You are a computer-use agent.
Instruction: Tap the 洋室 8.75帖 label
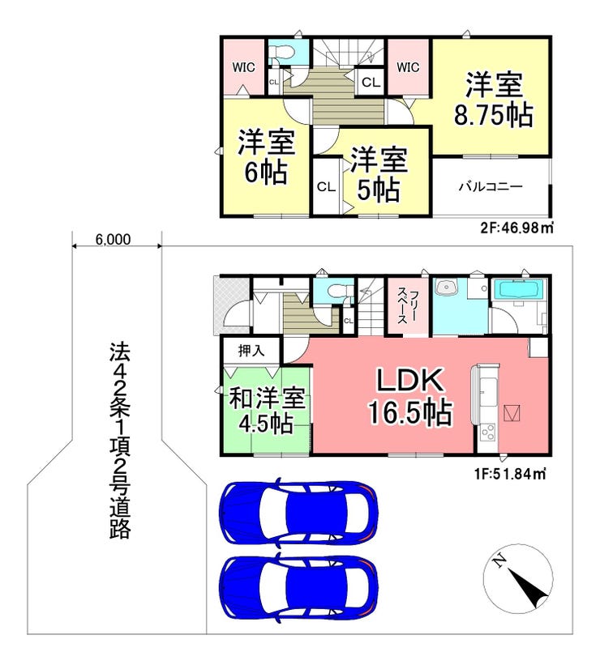pyautogui.click(x=494, y=100)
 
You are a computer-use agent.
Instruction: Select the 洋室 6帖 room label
pyautogui.click(x=266, y=157)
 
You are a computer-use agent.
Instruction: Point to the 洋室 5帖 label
pyautogui.click(x=379, y=174)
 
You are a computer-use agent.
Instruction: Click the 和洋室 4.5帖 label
pyautogui.click(x=267, y=410)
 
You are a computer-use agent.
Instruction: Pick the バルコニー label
pyautogui.click(x=491, y=186)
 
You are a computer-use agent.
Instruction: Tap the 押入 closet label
pyautogui.click(x=251, y=350)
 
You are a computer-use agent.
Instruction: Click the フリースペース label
pyautogui.click(x=407, y=305)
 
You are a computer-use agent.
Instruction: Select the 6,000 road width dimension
pyautogui.click(x=113, y=240)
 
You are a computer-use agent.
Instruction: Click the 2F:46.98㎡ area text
pyautogui.click(x=516, y=228)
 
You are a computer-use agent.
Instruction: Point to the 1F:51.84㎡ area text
pyautogui.click(x=509, y=474)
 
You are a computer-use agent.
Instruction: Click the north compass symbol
pyautogui.click(x=518, y=579)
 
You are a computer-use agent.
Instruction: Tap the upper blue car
pyautogui.click(x=298, y=511)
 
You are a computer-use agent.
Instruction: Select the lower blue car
pyautogui.click(x=298, y=586)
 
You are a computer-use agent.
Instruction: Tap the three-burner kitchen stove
pyautogui.click(x=486, y=433)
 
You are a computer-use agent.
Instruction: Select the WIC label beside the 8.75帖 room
pyautogui.click(x=408, y=67)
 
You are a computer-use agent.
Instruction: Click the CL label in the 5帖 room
pyautogui.click(x=326, y=186)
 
